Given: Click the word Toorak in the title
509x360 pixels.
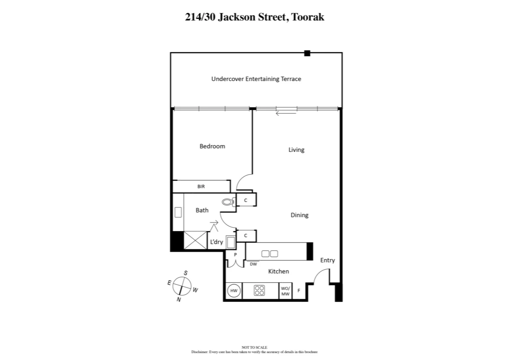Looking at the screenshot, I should tap(307, 17).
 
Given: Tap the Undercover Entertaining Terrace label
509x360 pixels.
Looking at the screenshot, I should tap(256, 79).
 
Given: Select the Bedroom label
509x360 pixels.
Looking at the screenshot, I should tap(212, 146).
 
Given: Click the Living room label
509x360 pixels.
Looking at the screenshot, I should tap(296, 150).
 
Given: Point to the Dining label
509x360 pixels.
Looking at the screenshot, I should tap(299, 215).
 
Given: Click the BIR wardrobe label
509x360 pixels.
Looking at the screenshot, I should tap(201, 187).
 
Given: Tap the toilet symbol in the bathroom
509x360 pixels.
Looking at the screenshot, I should tap(228, 202).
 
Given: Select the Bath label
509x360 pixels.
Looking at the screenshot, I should tap(202, 210).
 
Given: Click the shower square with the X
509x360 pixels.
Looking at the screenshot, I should tap(195, 240).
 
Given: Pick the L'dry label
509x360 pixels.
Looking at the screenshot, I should tap(216, 242).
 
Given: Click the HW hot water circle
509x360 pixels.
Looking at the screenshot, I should tap(234, 291).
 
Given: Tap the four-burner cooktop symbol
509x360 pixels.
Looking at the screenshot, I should tap(259, 291).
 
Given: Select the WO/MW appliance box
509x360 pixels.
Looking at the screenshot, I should tap(285, 291).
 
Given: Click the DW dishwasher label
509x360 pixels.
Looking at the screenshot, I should tap(253, 264).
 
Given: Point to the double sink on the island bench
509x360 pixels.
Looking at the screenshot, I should tap(269, 254).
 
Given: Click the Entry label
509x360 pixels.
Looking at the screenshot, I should tap(327, 260).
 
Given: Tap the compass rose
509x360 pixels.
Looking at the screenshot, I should tap(182, 287).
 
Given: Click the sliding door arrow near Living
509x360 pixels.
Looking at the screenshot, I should tap(286, 114).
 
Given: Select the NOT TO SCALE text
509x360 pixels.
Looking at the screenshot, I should tap(254, 347).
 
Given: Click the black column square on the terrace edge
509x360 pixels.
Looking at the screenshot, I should tap(307, 53).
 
